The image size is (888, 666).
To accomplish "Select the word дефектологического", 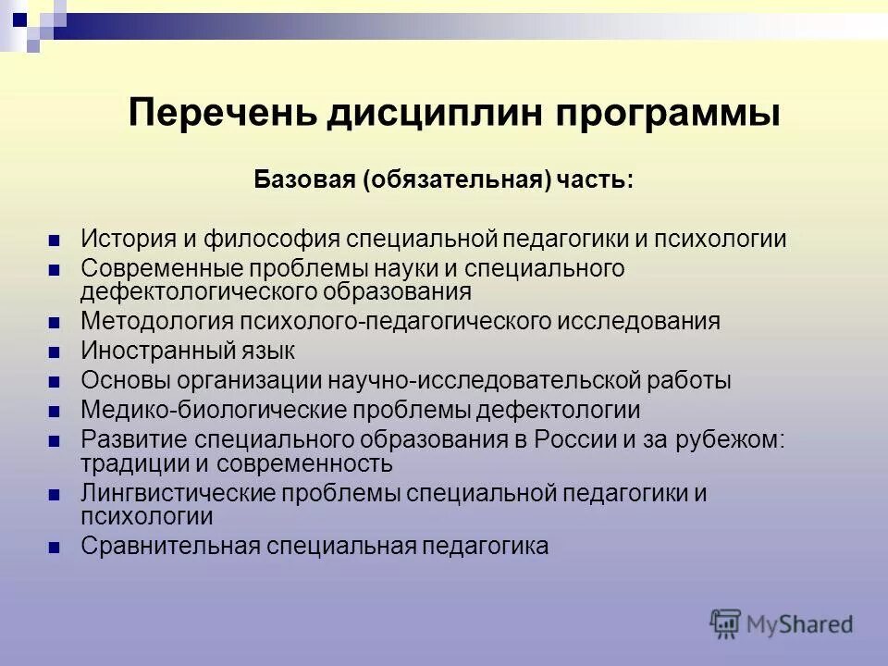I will (x=201, y=291).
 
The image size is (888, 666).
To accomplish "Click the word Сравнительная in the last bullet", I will (x=166, y=546).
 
